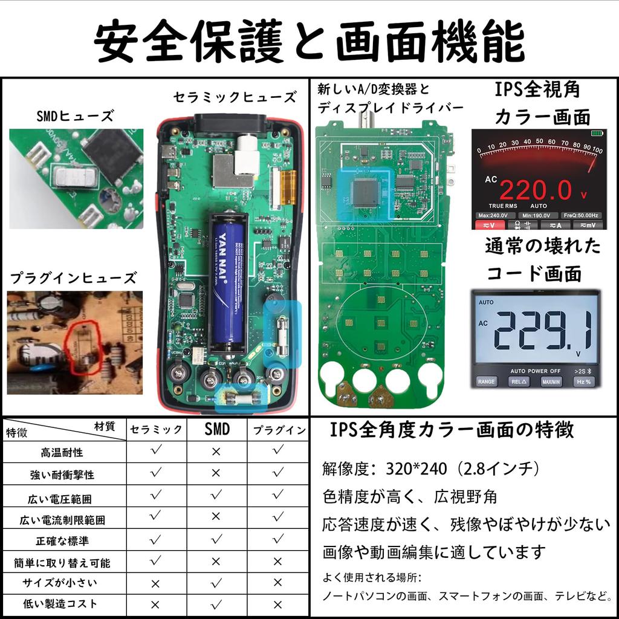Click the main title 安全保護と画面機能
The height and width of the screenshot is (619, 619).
309,41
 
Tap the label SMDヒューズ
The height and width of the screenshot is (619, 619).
74,116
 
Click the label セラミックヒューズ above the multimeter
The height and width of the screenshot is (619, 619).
235,97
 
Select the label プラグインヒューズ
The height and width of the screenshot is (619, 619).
73,278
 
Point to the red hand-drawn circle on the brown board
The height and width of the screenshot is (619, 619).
83,347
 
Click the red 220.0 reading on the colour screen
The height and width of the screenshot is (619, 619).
536,190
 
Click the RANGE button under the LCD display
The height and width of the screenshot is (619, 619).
486,382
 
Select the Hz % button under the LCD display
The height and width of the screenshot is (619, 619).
584,382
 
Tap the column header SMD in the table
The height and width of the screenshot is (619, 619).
217,429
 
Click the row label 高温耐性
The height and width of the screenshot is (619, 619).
62,452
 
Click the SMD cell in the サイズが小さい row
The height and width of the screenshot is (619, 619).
217,583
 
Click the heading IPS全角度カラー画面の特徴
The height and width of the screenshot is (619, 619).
452,430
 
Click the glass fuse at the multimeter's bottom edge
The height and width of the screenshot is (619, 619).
243,398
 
